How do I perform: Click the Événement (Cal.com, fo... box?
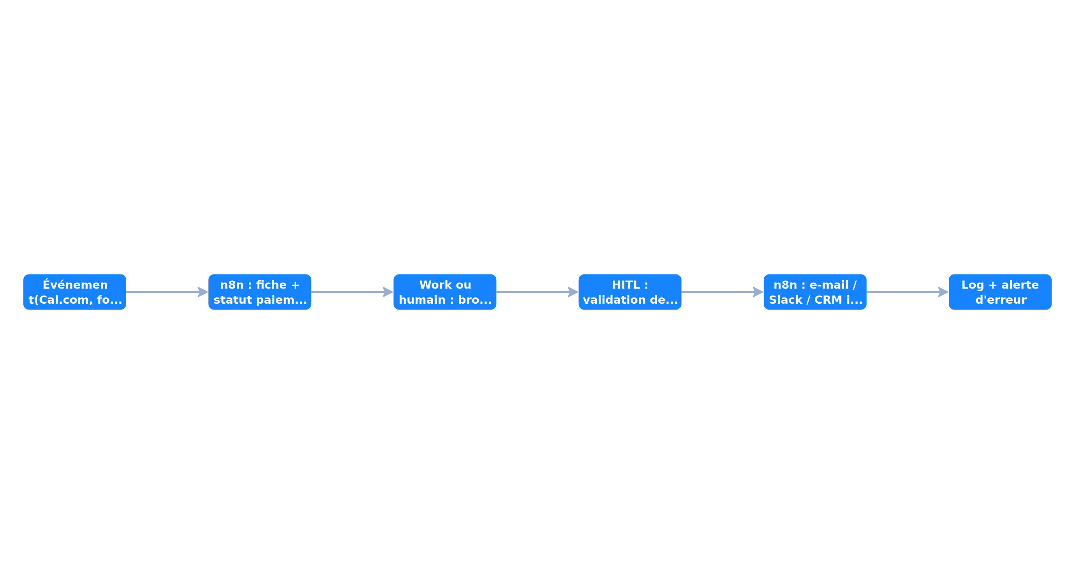(75, 292)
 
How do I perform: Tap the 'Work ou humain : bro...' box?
(445, 292)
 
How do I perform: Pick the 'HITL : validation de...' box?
(630, 292)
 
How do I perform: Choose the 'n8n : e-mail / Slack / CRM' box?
(815, 292)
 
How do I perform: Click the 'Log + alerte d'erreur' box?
(1000, 292)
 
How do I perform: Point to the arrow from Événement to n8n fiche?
(167, 292)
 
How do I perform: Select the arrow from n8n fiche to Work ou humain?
(352, 292)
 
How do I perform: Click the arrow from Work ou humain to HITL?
(537, 292)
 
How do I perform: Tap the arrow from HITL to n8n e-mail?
(723, 292)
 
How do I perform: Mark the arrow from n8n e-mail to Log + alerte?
(908, 292)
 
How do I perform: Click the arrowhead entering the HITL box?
(573, 292)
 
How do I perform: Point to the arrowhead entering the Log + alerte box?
(943, 292)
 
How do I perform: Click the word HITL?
(626, 285)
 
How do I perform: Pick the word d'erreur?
(1001, 300)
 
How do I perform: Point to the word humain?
(422, 300)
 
